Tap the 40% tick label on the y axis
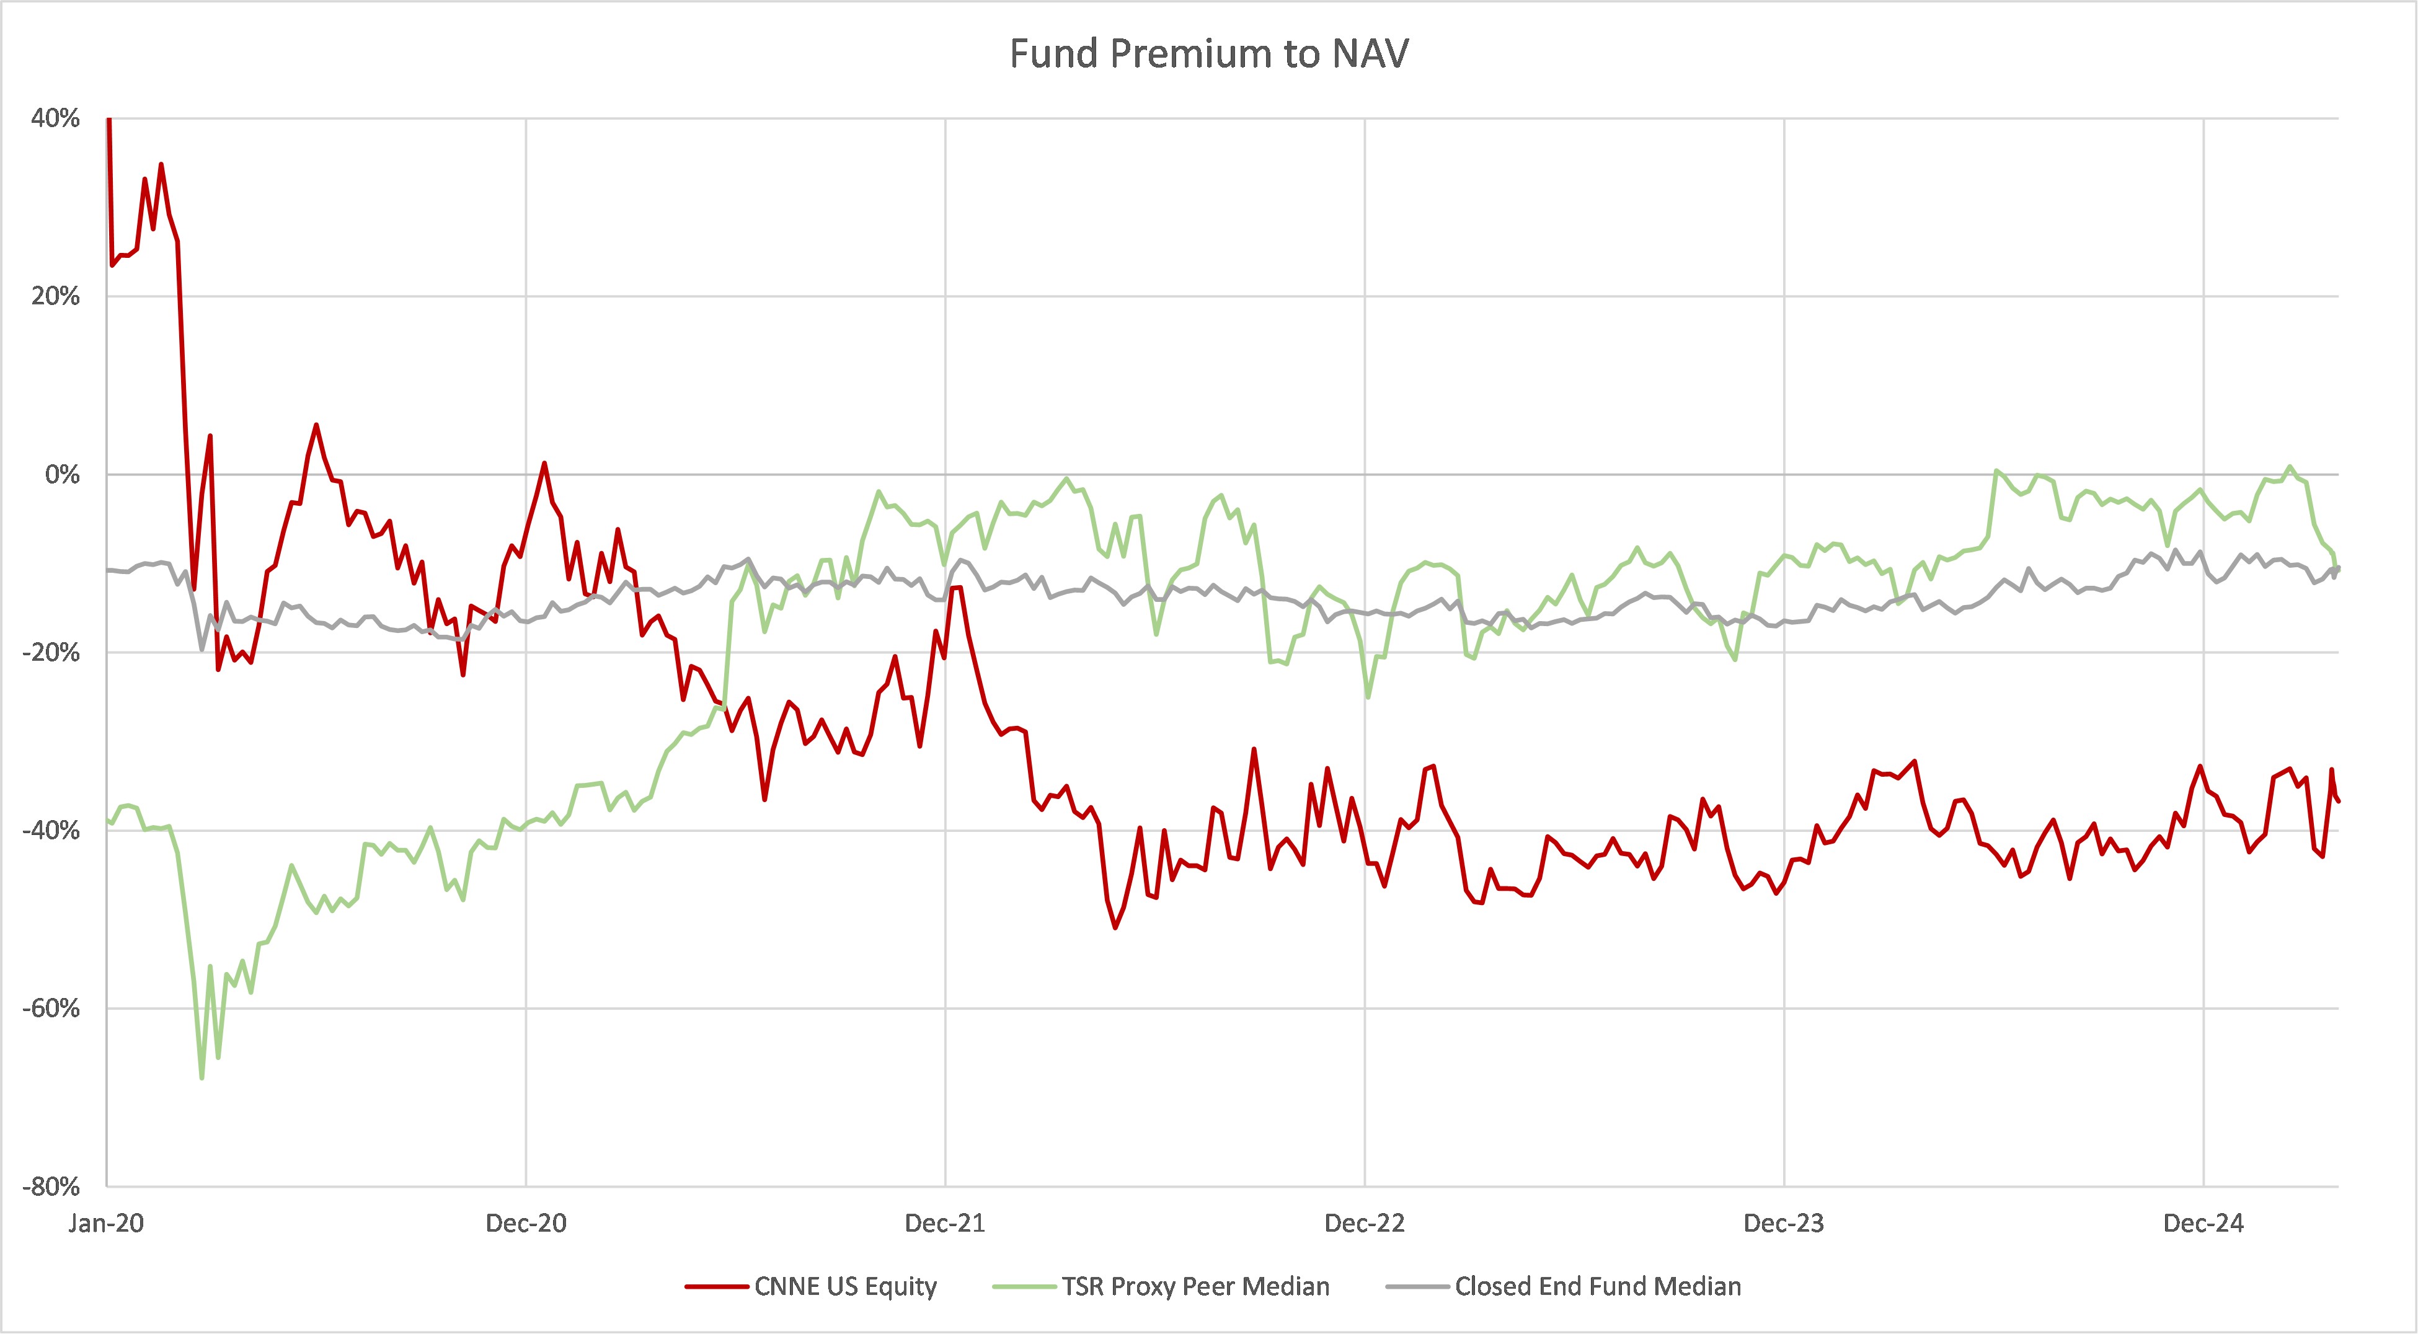tap(55, 118)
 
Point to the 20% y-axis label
tap(55, 297)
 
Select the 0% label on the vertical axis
tap(62, 474)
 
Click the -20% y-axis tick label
tap(51, 653)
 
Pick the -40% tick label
tap(51, 830)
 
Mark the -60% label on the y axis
tap(51, 1008)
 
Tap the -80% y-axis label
tap(51, 1186)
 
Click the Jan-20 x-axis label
tap(106, 1222)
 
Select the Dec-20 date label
tap(526, 1222)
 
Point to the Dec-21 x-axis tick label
tap(945, 1222)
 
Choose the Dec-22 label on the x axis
tap(1365, 1222)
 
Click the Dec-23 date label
tap(1784, 1222)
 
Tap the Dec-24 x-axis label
tap(2203, 1222)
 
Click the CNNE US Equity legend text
tap(845, 1286)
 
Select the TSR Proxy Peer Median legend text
tap(1195, 1286)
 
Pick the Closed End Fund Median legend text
tap(1598, 1286)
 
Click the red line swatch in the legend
tap(716, 1286)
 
